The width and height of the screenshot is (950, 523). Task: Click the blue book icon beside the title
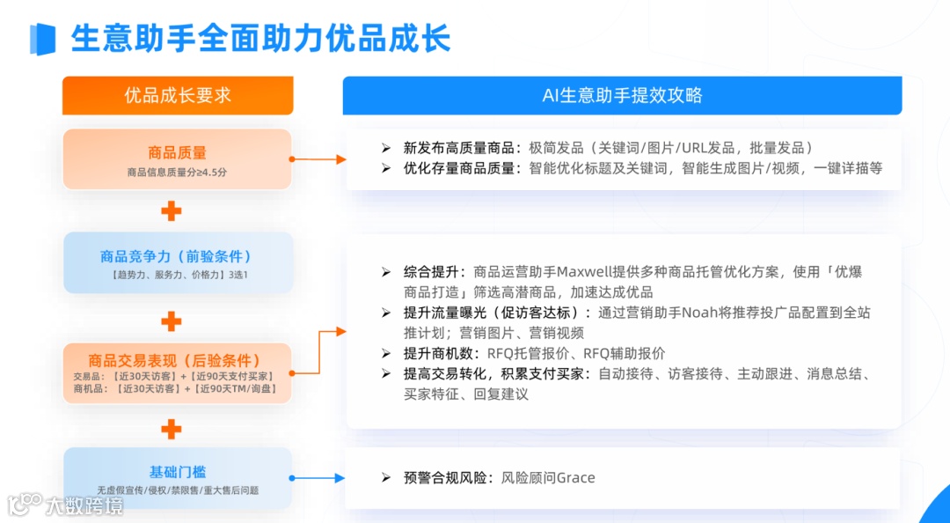pos(42,40)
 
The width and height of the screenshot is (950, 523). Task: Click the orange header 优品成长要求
pos(177,95)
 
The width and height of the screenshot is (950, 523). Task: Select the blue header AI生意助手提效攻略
pos(622,95)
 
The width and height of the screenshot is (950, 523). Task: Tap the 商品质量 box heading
pos(177,152)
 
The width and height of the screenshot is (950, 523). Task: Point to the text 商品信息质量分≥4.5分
pos(177,173)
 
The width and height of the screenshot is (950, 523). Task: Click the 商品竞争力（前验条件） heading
pos(177,256)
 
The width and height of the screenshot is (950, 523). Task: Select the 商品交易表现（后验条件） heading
pos(174,360)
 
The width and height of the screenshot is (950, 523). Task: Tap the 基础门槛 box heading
pos(177,471)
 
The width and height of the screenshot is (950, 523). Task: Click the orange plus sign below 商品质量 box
pos(172,210)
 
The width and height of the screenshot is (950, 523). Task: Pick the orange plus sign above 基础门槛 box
pos(172,430)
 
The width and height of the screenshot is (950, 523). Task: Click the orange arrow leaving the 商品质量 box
pos(318,159)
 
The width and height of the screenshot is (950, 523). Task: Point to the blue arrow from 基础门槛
pos(318,478)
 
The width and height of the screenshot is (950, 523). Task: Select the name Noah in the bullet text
pos(700,313)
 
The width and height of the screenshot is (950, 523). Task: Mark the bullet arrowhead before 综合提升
pos(385,272)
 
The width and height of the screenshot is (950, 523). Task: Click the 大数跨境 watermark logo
pos(66,505)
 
